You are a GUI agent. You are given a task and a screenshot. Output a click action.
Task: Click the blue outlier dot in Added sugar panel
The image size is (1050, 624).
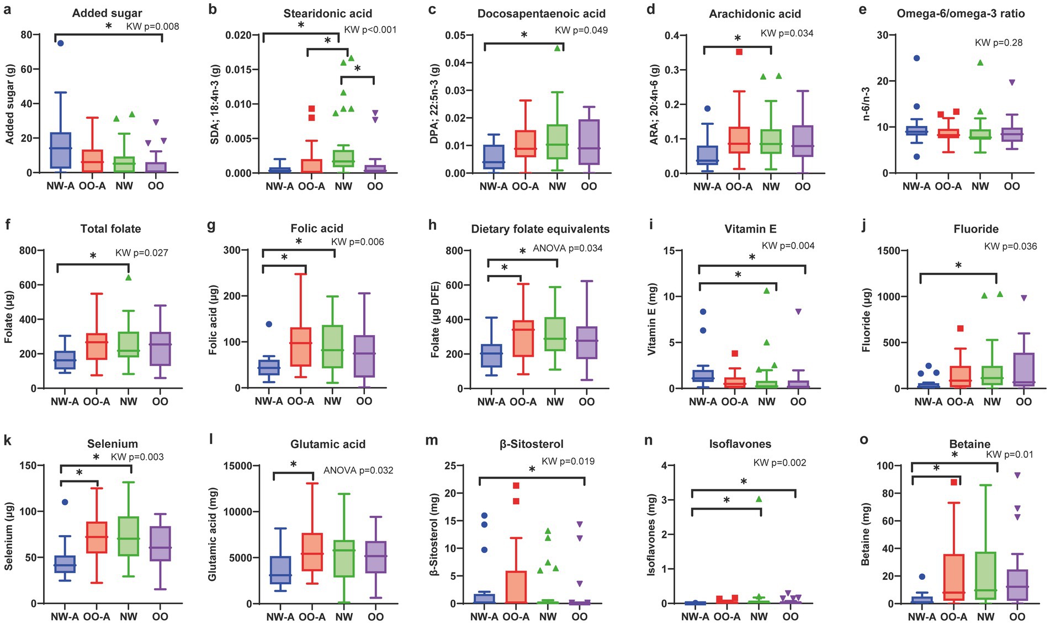click(x=61, y=43)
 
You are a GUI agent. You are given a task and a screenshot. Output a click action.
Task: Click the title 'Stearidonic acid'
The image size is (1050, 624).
click(x=327, y=13)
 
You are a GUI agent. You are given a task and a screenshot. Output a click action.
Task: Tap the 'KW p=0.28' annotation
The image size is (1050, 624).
click(x=998, y=43)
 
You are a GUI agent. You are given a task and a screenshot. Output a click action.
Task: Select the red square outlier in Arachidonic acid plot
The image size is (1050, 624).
click(x=739, y=51)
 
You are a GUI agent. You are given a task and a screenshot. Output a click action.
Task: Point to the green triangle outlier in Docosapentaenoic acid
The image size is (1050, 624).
click(x=558, y=48)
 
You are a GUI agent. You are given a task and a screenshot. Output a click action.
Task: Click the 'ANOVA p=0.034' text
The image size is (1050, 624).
click(x=568, y=248)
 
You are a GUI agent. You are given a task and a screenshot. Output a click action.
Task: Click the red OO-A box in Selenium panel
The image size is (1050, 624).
click(x=97, y=537)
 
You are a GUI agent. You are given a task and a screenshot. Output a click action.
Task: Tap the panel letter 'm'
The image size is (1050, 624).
click(x=432, y=440)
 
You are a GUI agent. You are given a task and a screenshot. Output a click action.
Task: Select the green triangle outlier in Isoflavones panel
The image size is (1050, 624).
click(x=759, y=499)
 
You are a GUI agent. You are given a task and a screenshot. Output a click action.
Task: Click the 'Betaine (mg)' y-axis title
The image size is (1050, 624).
click(x=866, y=534)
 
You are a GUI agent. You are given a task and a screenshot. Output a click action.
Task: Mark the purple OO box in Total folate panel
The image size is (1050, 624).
click(x=160, y=348)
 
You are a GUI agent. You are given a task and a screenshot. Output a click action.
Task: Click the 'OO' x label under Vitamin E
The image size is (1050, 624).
click(x=798, y=401)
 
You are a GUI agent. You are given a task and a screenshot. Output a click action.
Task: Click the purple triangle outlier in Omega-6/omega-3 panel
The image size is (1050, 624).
click(x=1012, y=82)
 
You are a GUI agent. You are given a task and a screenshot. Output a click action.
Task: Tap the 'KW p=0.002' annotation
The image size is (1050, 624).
click(x=780, y=463)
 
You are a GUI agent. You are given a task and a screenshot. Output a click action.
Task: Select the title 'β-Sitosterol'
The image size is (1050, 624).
click(x=532, y=444)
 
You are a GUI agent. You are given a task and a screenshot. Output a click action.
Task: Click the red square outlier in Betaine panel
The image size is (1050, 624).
click(x=953, y=482)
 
